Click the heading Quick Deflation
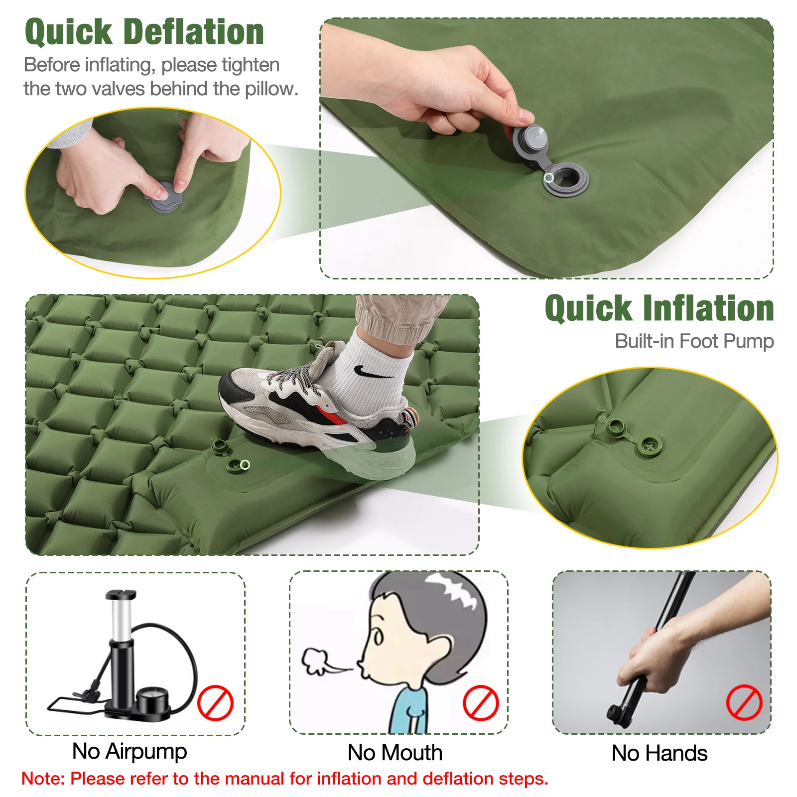point(144,32)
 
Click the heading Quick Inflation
point(659,308)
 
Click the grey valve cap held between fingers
point(531,139)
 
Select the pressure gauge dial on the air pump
point(152,701)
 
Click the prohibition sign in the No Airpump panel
point(215,703)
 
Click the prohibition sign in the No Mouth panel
point(481,703)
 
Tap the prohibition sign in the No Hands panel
point(744,702)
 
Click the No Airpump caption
point(130,752)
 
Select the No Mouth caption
point(395,753)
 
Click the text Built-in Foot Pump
point(694,342)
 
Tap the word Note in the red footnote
point(41,779)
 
